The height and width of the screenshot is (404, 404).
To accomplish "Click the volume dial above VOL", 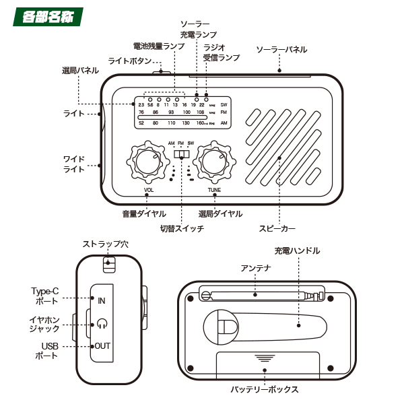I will [146, 162].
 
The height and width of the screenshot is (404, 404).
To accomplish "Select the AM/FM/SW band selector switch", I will [180, 154].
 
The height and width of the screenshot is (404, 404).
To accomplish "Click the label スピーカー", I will [277, 228].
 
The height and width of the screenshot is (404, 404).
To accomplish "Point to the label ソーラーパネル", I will [281, 50].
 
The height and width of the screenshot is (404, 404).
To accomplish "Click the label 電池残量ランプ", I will [158, 46].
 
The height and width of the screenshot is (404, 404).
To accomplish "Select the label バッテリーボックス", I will [264, 389].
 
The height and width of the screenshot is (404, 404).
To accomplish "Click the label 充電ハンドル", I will [297, 250].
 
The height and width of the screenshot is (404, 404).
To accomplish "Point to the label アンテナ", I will [256, 268].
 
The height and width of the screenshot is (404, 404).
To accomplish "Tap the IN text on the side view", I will [102, 300].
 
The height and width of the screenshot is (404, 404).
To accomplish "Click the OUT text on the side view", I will [102, 346].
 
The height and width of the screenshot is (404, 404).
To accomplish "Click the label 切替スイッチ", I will [182, 228].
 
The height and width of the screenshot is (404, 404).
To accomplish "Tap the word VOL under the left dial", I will [149, 191].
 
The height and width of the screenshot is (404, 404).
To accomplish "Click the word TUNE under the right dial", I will [214, 191].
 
